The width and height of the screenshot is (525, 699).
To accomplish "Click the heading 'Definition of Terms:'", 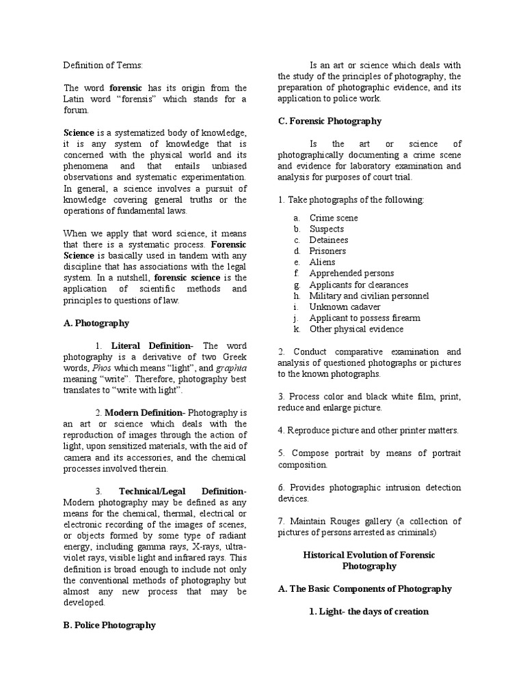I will pos(103,66).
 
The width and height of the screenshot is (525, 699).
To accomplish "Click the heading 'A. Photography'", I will pos(96,323).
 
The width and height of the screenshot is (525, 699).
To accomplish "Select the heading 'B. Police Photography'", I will pos(109,625).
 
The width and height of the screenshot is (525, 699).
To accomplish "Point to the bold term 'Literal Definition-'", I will pos(152,346).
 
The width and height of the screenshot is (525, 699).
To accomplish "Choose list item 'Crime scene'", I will pos(334,218).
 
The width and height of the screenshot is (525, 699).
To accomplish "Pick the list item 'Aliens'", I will pos(323,262).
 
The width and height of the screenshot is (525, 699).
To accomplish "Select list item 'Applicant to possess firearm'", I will pos(365,317).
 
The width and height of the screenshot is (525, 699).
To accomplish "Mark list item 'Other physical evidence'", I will pos(356,329).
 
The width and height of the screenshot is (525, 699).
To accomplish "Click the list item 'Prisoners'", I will pos(327,251).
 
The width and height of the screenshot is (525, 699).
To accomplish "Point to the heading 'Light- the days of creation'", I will pos(368,611).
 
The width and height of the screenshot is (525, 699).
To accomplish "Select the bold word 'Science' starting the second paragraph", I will pos(79,132).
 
